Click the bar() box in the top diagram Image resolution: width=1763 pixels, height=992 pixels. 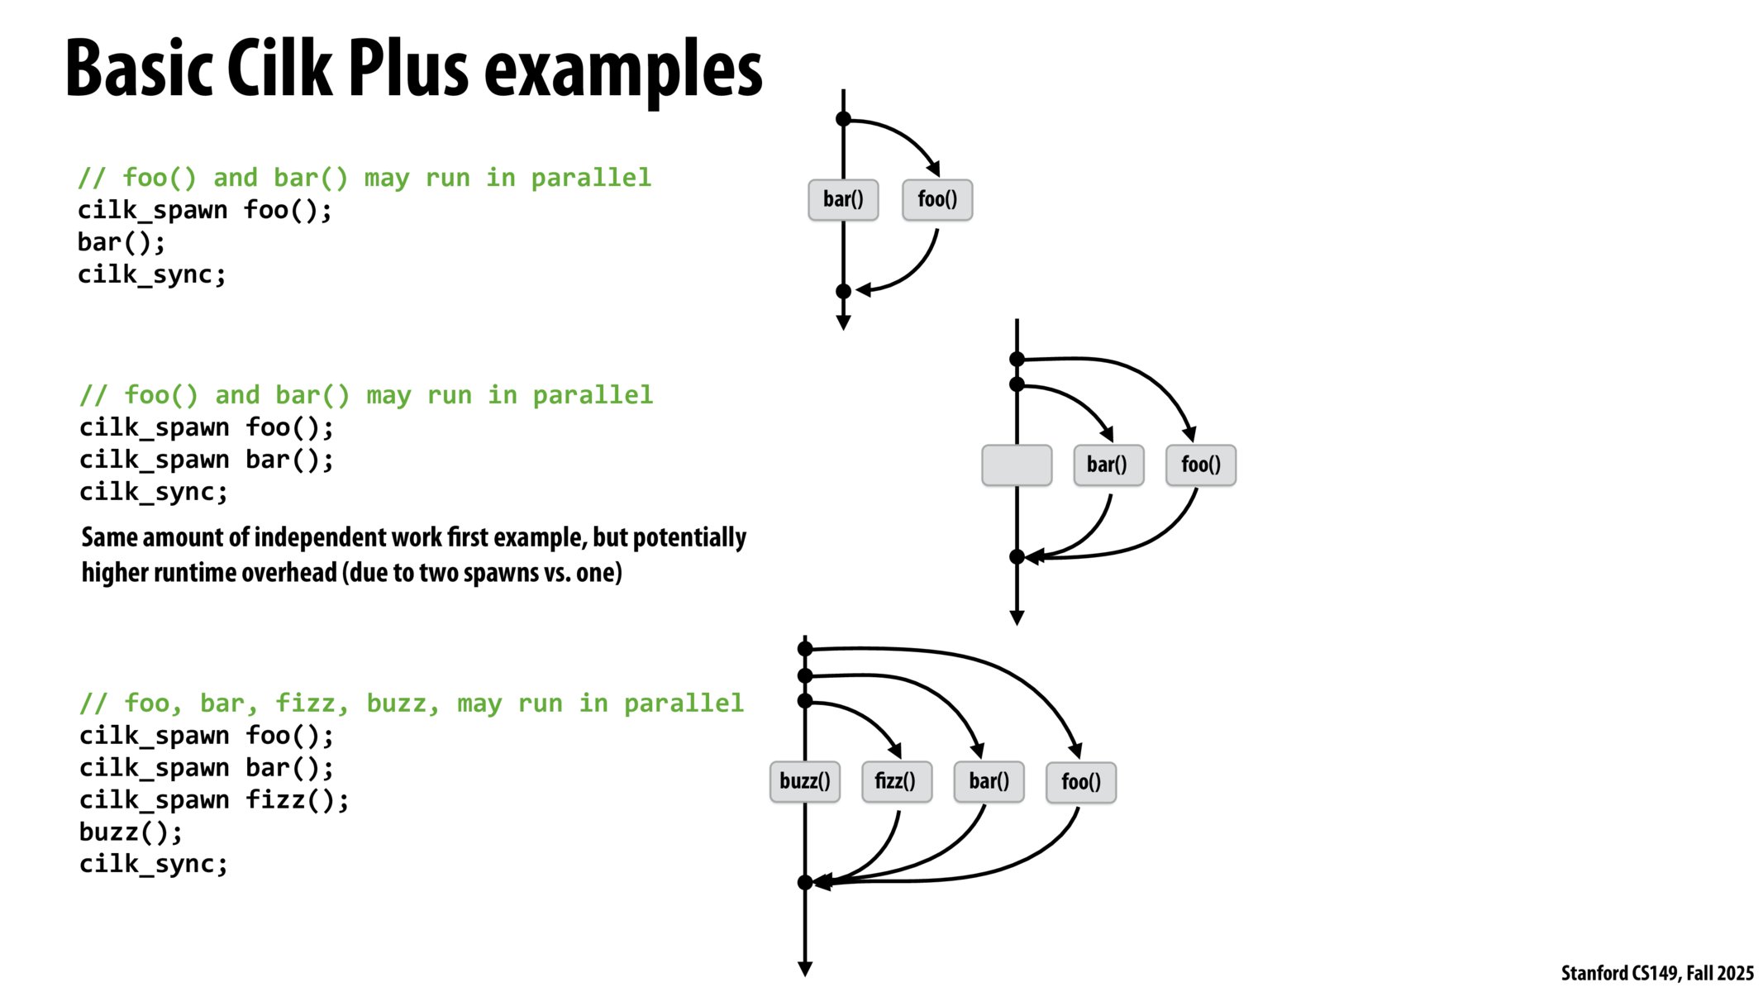pos(843,199)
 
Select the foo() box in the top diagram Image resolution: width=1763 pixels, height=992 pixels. pos(937,199)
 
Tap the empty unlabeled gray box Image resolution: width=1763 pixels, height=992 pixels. pos(1017,465)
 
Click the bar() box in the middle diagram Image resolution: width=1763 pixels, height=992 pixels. pos(1108,465)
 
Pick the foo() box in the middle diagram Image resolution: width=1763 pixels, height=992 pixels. pos(1201,465)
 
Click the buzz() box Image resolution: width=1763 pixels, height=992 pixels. pos(804,781)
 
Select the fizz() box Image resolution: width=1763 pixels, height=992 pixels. pos(896,781)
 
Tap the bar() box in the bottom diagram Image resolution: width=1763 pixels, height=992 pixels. pos(989,781)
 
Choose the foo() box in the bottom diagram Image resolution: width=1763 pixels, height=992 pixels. pos(1081,782)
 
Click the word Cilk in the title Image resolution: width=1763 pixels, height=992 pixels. pos(280,69)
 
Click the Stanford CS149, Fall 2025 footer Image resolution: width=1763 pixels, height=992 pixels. pos(1656,973)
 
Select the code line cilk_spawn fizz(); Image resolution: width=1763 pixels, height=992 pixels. pos(214,800)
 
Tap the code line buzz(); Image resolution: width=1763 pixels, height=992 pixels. pos(131,832)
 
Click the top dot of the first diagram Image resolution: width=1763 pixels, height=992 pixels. pos(843,119)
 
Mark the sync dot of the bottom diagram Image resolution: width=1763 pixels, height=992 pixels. pos(805,883)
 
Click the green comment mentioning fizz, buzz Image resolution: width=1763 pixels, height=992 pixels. pos(411,703)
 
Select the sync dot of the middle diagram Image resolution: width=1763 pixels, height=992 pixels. pos(1017,557)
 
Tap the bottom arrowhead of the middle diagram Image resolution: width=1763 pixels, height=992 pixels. pos(1017,618)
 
